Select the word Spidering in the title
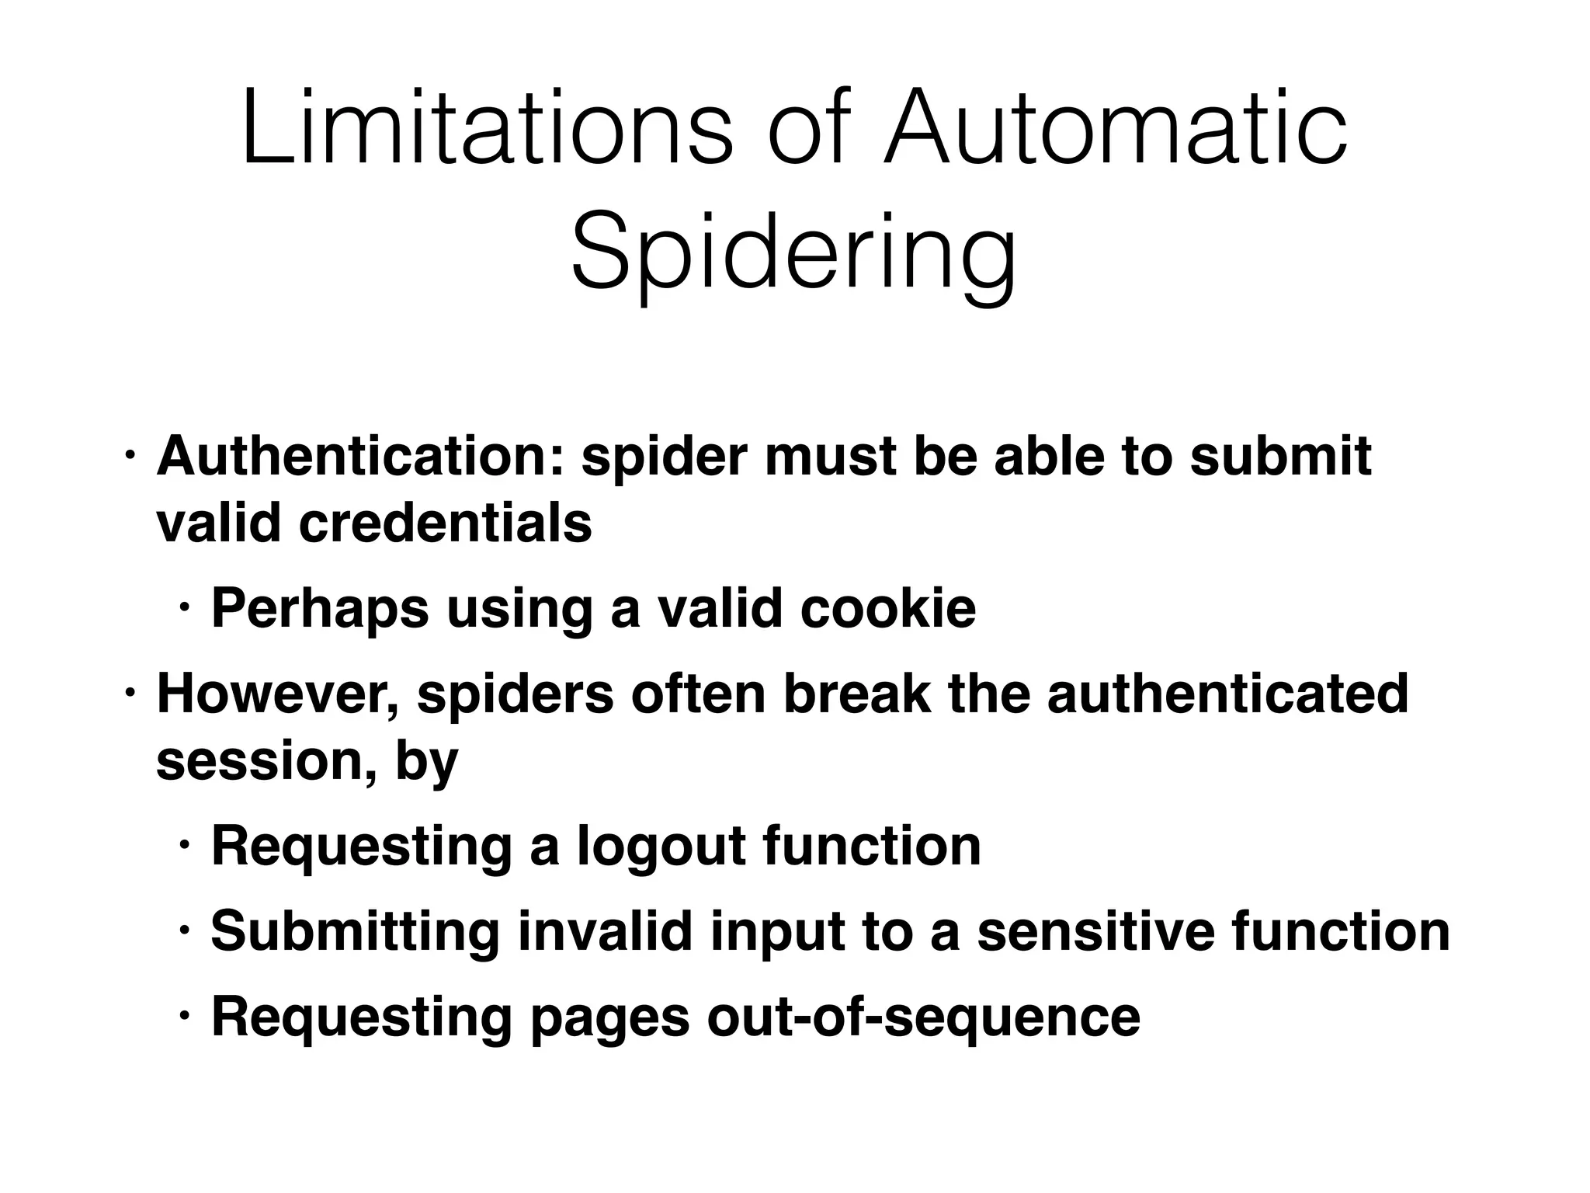pos(793,253)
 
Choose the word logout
pos(661,846)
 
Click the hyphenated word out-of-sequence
pos(923,1017)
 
